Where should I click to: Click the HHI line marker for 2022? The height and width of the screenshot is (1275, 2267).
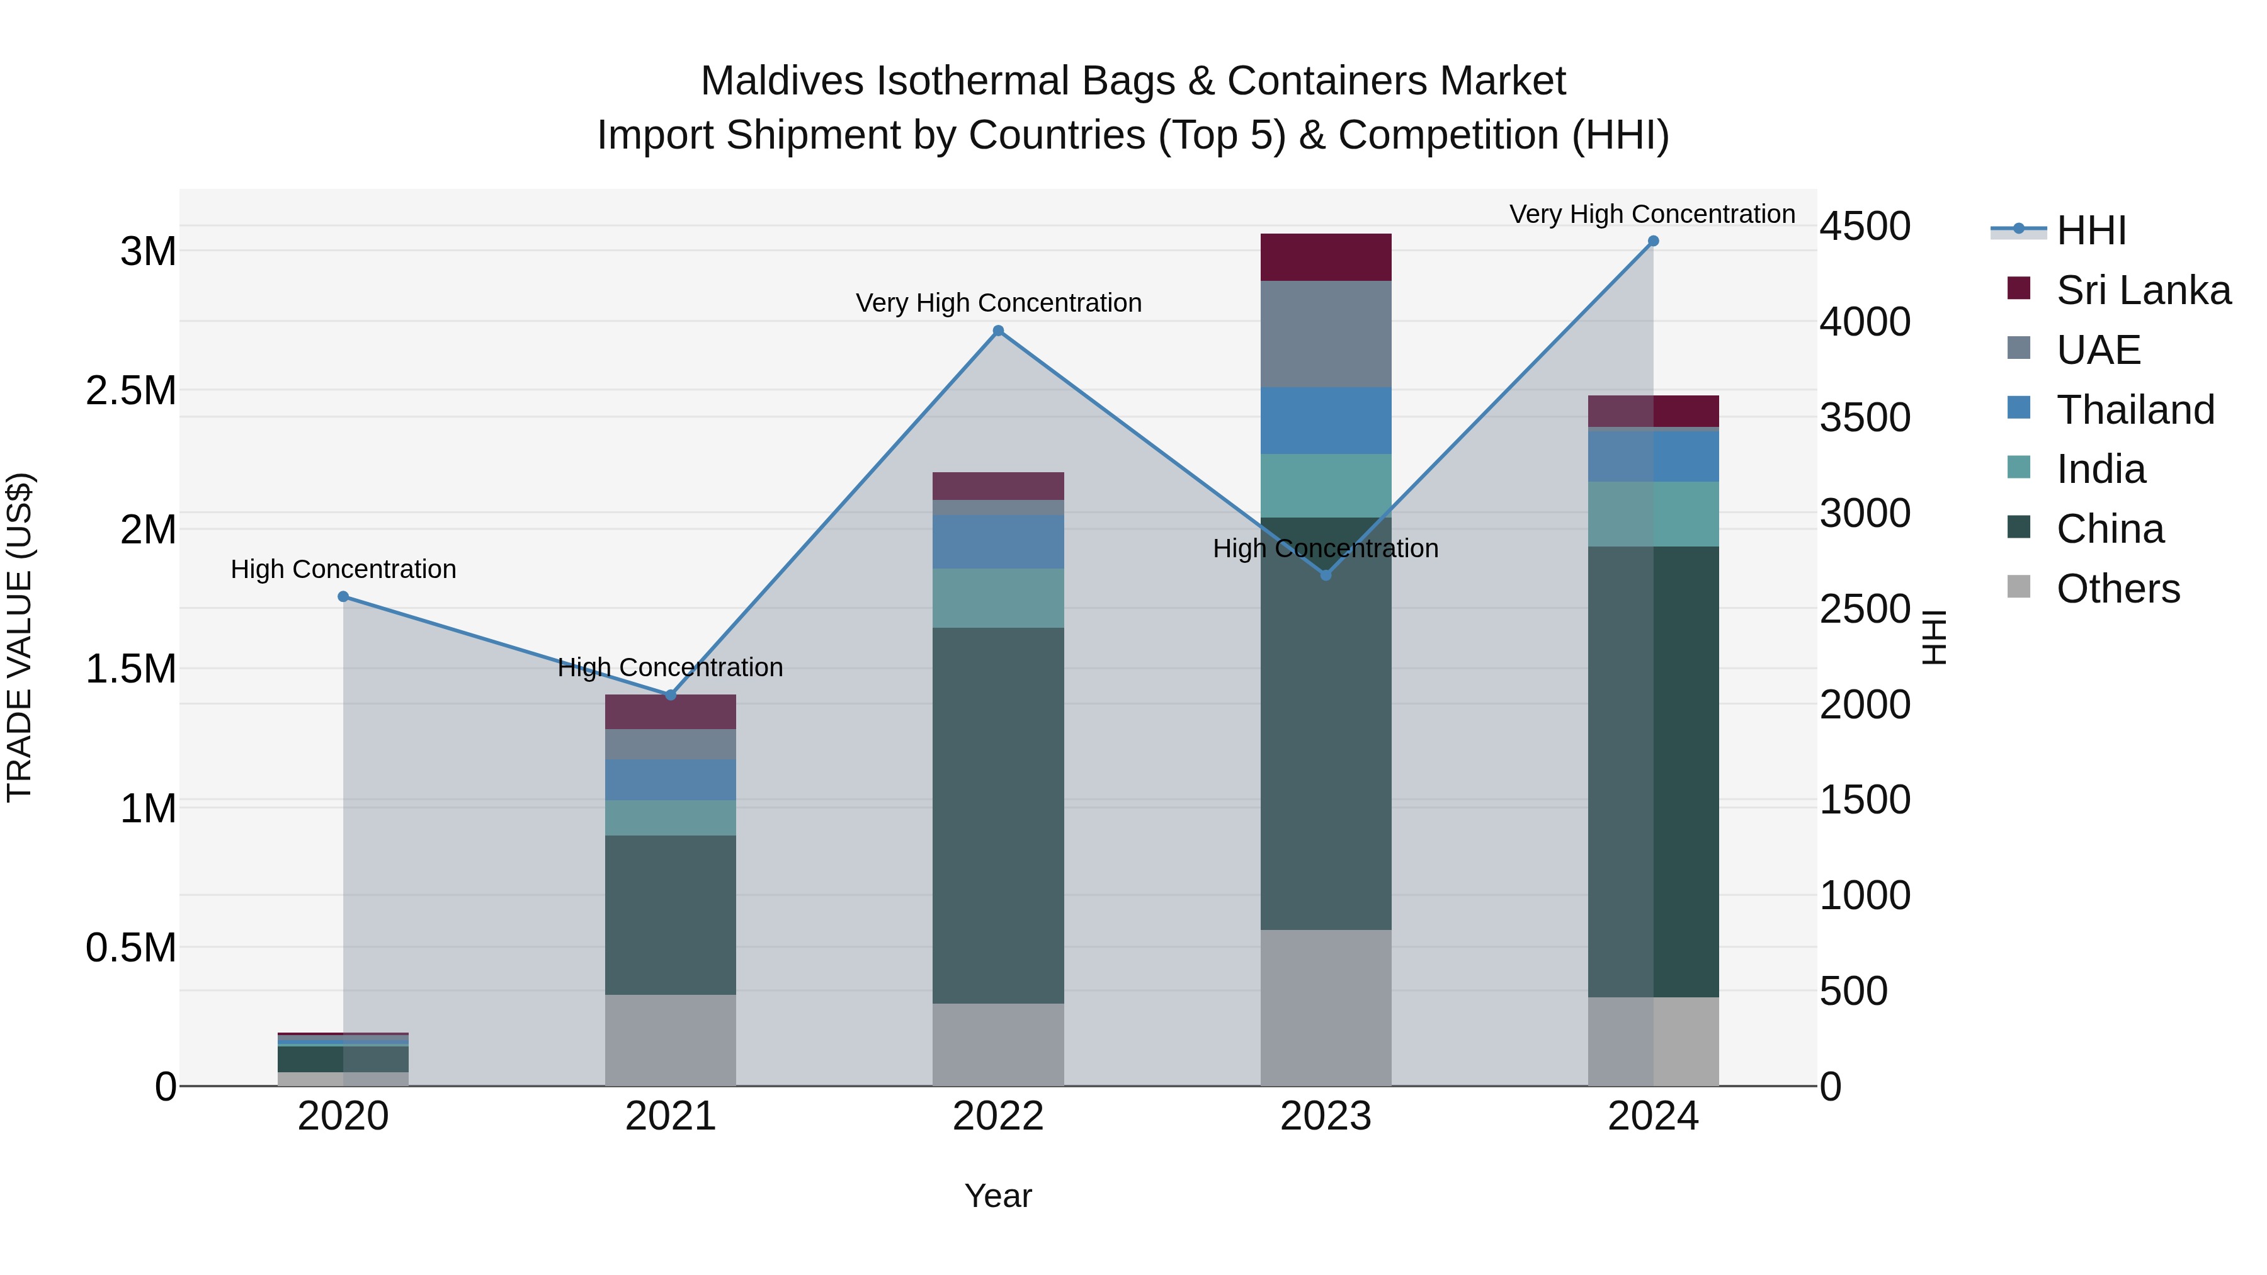(x=998, y=331)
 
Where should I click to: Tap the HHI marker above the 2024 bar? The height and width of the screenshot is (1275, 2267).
(x=1653, y=241)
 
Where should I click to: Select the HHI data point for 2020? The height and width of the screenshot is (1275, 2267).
(x=343, y=597)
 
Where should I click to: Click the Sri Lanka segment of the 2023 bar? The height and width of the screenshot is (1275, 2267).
(x=1326, y=257)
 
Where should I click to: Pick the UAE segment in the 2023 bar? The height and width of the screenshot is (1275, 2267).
(x=1326, y=334)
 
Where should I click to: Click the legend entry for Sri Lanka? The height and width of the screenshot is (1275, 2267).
(x=2142, y=290)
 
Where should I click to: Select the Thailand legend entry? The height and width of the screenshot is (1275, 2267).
(x=2134, y=410)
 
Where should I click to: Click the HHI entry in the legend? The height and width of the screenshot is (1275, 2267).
(x=2090, y=230)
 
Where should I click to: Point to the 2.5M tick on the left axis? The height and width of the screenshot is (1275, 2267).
(x=131, y=390)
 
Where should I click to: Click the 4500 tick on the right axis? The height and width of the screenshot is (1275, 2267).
(x=1865, y=226)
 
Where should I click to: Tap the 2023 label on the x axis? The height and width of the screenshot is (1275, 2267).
(x=1326, y=1116)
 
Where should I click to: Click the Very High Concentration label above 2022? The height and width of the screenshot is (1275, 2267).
(x=998, y=303)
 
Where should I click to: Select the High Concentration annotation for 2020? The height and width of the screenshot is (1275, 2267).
(x=343, y=569)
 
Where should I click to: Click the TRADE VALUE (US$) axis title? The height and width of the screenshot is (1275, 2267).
(x=20, y=637)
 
